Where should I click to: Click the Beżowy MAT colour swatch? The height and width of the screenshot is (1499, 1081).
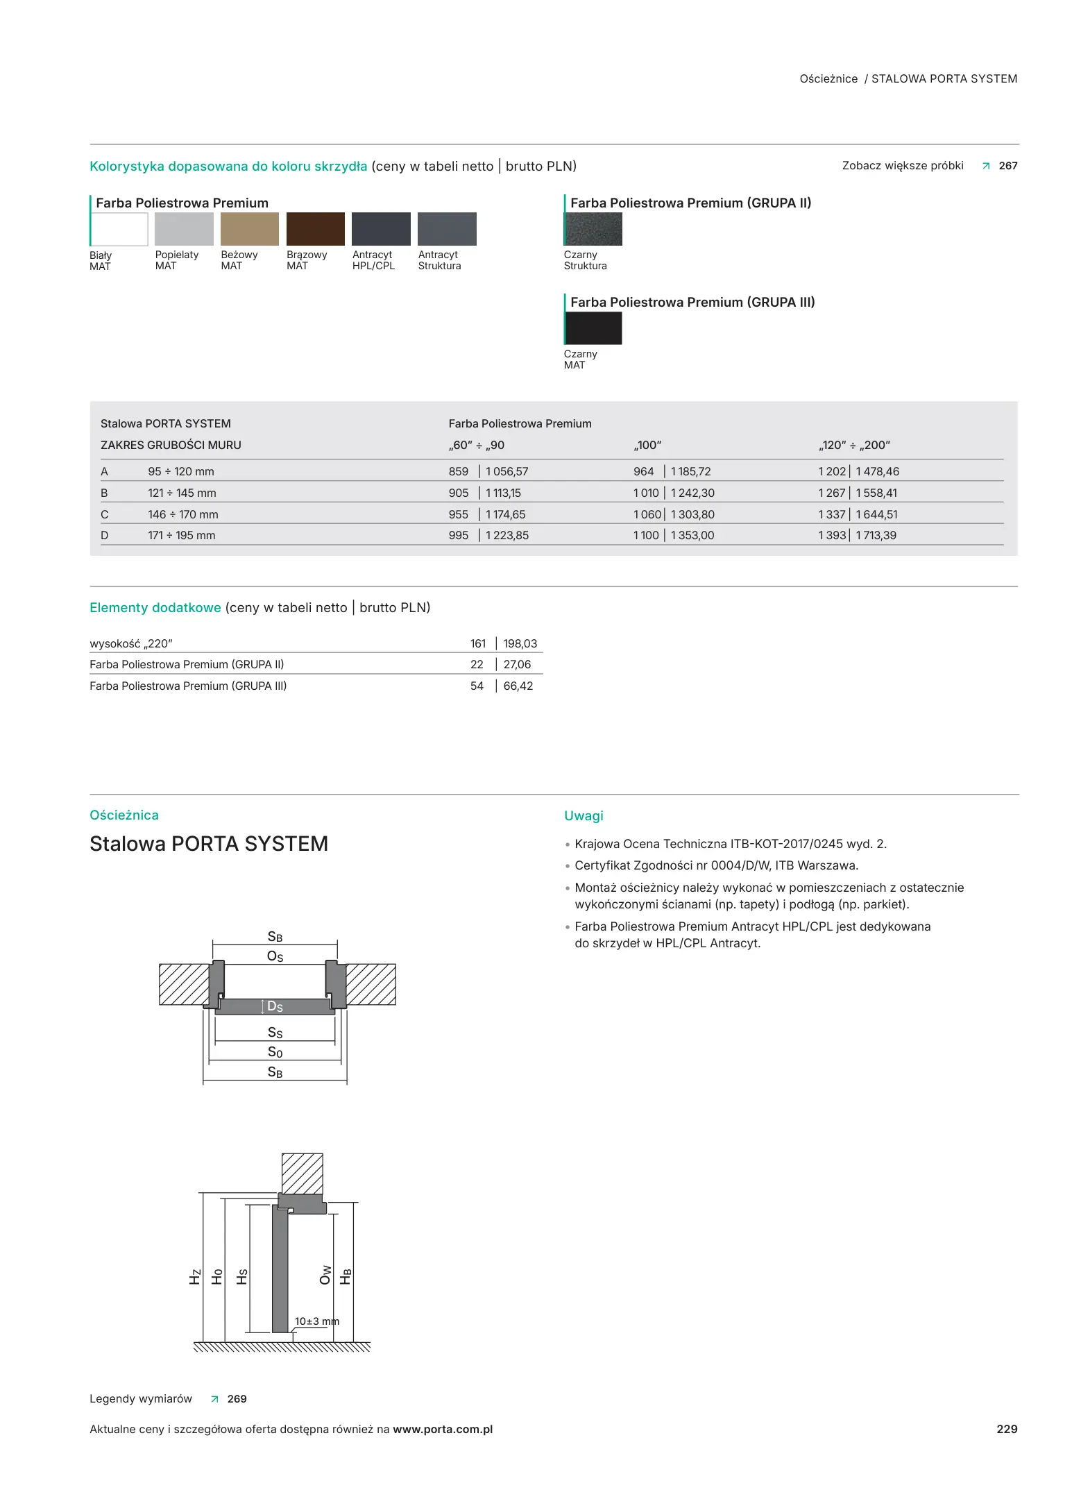point(249,229)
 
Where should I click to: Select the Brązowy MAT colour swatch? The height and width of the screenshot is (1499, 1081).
point(315,229)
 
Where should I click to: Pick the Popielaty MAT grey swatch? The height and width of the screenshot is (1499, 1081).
point(184,229)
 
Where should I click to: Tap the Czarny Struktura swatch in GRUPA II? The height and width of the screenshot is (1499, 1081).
point(593,229)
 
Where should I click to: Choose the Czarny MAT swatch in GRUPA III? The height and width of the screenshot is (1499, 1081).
point(593,328)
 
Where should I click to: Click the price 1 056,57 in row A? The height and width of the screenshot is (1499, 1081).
point(507,472)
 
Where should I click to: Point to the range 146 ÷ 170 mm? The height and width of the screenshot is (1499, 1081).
point(182,515)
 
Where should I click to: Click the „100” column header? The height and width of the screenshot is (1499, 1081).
point(647,446)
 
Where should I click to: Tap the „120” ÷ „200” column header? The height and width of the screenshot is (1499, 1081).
point(853,446)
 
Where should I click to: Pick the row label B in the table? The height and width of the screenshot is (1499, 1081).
point(104,493)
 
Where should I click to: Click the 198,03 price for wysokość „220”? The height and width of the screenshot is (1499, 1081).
point(520,644)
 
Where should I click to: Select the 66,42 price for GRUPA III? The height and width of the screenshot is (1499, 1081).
point(518,686)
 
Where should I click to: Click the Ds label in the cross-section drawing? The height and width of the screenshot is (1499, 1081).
point(275,1007)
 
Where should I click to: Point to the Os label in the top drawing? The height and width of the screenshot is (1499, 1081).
point(275,957)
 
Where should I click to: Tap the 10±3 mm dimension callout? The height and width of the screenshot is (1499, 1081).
point(316,1321)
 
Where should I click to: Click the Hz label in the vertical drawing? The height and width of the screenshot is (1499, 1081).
point(195,1277)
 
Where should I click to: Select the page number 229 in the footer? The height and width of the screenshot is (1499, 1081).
point(1007,1429)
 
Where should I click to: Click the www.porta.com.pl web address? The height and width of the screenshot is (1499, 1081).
point(443,1430)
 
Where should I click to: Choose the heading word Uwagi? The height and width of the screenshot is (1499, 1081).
point(584,816)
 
